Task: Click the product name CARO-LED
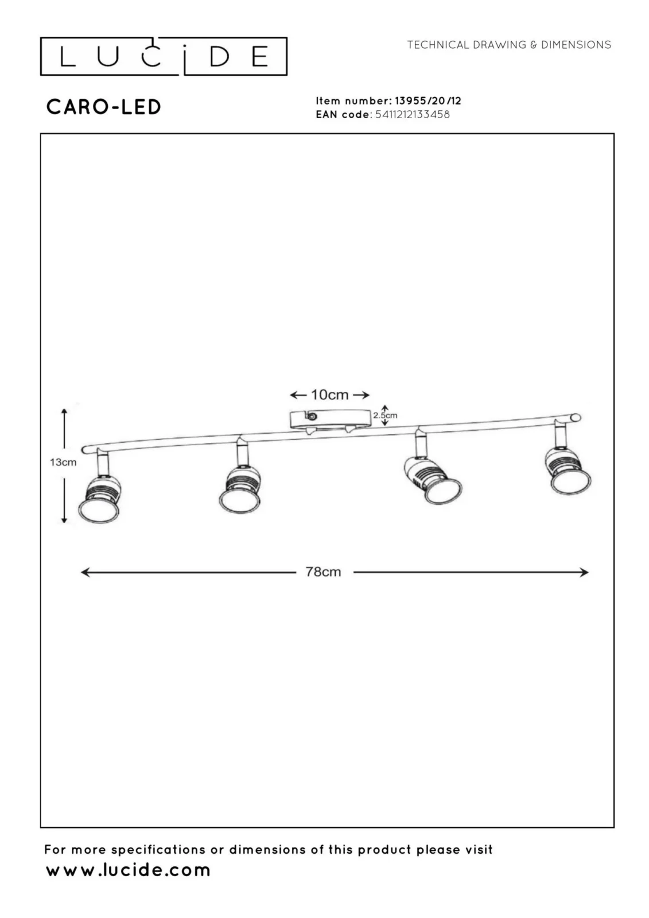click(104, 107)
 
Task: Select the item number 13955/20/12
click(428, 101)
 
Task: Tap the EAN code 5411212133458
click(413, 114)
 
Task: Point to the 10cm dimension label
click(329, 395)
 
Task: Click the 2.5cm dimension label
click(385, 415)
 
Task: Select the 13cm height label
click(63, 462)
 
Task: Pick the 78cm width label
click(323, 571)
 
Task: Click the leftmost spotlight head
click(99, 499)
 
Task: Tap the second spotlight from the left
click(240, 489)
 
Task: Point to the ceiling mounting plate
click(328, 419)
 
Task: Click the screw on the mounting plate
click(312, 417)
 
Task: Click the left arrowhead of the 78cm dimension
click(85, 572)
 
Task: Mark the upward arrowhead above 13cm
click(64, 412)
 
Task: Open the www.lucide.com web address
click(128, 870)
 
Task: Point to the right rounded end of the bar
click(576, 418)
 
